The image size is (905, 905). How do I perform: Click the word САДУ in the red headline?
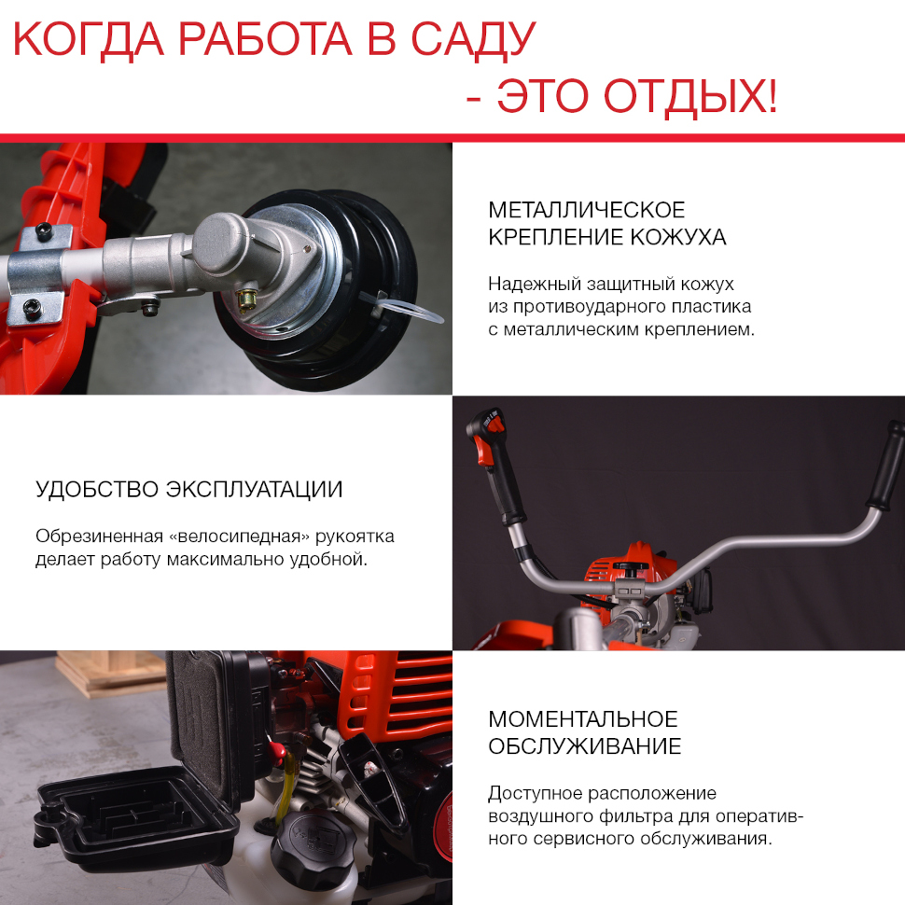[x=473, y=40]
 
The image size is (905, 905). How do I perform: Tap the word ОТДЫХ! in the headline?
[x=690, y=96]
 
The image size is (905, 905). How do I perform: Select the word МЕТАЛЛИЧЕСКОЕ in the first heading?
[x=587, y=210]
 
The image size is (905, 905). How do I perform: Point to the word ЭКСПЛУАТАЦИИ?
[x=254, y=490]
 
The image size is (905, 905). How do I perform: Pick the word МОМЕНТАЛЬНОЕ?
[x=583, y=719]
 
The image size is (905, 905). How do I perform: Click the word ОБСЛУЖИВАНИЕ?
[x=585, y=746]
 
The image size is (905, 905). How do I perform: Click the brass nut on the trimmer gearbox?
[x=248, y=299]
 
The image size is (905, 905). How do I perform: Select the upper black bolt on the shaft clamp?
[x=44, y=231]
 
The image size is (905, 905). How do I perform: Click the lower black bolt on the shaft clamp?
[x=32, y=309]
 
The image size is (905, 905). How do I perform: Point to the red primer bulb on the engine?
[x=278, y=750]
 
